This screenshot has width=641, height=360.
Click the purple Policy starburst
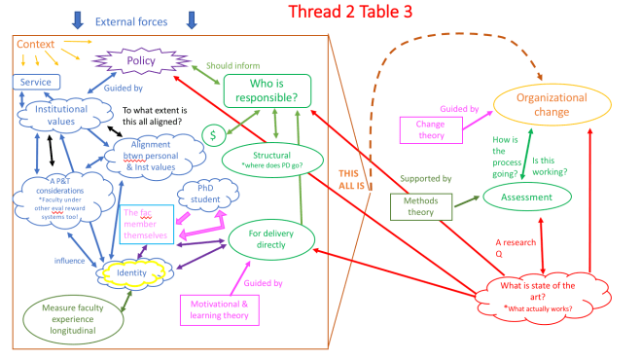pyautogui.click(x=142, y=60)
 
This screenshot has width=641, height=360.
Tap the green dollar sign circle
pyautogui.click(x=213, y=135)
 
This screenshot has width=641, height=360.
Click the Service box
pyautogui.click(x=36, y=82)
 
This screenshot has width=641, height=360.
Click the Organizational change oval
pyautogui.click(x=555, y=104)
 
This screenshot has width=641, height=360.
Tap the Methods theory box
pyautogui.click(x=419, y=206)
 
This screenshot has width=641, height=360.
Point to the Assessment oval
pyautogui.click(x=525, y=198)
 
